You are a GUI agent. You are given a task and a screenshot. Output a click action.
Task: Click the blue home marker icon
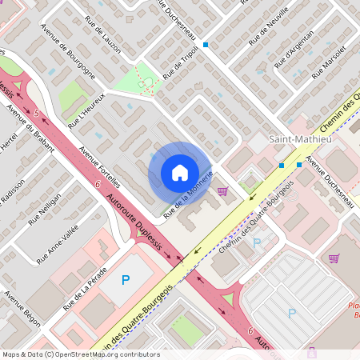coord(179,173)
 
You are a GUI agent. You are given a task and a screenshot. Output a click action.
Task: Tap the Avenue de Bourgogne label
coord(66,58)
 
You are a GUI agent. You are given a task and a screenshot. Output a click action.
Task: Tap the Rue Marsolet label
coord(329,61)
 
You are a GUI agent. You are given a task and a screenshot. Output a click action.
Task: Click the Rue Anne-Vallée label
coord(54,243)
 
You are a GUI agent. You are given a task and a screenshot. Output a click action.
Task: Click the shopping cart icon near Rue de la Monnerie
coord(222,190)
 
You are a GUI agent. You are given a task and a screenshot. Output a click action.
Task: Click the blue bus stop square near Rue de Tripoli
coord(206,45)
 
